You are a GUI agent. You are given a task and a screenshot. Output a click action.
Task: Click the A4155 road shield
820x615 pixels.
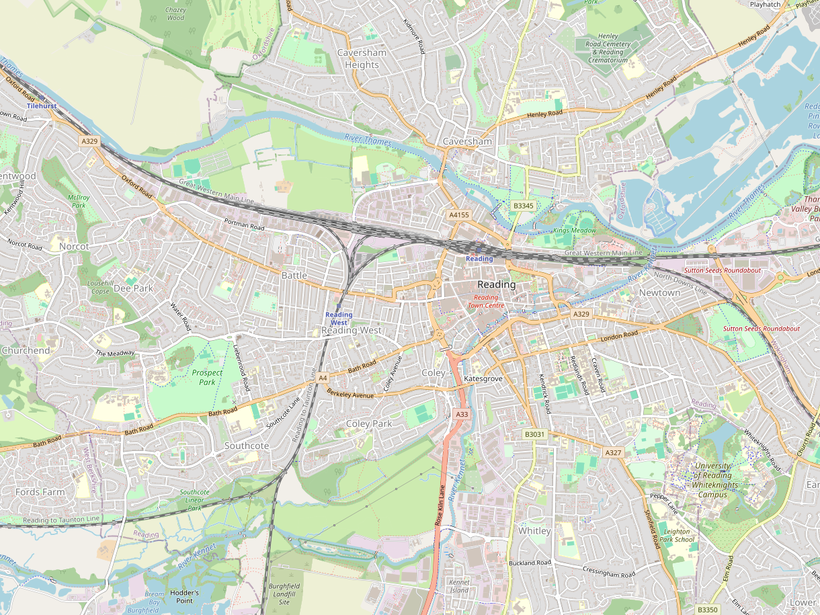(x=458, y=215)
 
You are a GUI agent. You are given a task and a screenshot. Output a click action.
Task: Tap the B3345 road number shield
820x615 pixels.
(x=522, y=206)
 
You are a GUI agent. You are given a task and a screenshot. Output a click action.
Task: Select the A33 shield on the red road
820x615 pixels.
(x=461, y=415)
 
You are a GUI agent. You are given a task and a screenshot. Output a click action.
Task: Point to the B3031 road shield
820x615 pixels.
(x=534, y=434)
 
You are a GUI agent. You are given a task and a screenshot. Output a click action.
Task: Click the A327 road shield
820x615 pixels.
(x=613, y=452)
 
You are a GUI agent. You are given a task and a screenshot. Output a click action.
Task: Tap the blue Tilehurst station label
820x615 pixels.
(x=42, y=106)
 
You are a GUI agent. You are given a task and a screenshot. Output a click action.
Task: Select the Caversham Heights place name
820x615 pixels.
(x=362, y=58)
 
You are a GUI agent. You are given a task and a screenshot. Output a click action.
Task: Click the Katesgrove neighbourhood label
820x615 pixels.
(x=483, y=379)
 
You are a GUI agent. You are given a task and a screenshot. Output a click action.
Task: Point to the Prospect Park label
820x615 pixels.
(x=207, y=377)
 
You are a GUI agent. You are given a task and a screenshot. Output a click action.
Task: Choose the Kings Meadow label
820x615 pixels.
(x=575, y=231)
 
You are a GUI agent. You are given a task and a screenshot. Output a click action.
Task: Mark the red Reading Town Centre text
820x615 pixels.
(x=485, y=301)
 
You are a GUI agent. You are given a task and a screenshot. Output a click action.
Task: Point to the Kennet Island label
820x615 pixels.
(x=459, y=586)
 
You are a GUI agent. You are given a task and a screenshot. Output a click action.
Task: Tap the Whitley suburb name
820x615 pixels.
(x=534, y=530)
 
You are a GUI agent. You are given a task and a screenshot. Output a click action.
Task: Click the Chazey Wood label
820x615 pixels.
(x=175, y=14)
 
